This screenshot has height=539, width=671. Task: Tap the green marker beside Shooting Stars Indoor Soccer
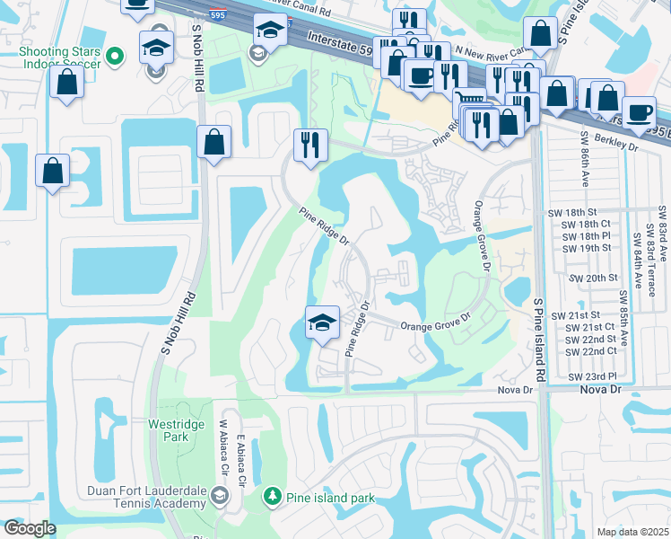(x=114, y=58)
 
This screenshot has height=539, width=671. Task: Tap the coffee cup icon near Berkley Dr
(x=639, y=112)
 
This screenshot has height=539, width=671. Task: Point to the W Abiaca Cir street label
(x=223, y=448)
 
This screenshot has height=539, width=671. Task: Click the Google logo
(x=30, y=528)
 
